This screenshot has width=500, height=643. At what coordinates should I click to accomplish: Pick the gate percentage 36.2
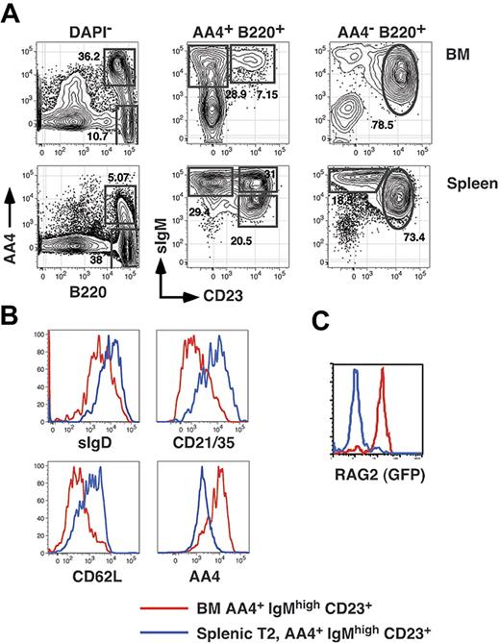(87, 57)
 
